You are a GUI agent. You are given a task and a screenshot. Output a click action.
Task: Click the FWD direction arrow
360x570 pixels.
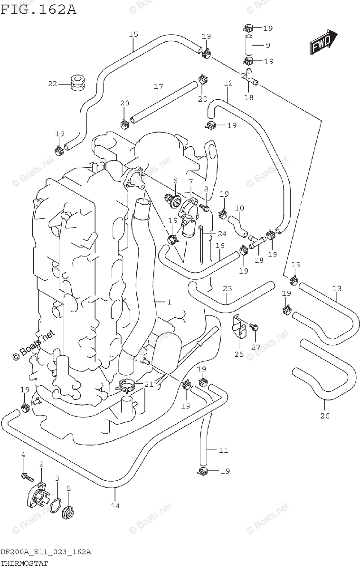(323, 43)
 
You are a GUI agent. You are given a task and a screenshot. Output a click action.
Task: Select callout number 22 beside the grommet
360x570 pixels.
(52, 84)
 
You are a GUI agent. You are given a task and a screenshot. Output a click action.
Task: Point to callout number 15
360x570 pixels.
(133, 34)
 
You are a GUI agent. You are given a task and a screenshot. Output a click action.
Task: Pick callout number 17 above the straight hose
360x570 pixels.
(158, 86)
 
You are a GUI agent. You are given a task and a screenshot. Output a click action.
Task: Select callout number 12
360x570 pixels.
(228, 83)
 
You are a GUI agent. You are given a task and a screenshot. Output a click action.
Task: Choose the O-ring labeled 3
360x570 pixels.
(56, 504)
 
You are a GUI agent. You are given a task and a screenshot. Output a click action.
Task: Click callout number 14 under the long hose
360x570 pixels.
(114, 505)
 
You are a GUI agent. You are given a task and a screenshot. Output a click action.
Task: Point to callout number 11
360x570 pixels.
(223, 450)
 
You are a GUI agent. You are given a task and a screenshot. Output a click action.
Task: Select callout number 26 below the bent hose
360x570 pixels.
(324, 416)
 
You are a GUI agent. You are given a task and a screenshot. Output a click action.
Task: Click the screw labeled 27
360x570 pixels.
(255, 326)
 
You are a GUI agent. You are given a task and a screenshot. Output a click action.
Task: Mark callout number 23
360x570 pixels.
(227, 288)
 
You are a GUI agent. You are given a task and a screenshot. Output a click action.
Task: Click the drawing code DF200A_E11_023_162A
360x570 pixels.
(46, 552)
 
